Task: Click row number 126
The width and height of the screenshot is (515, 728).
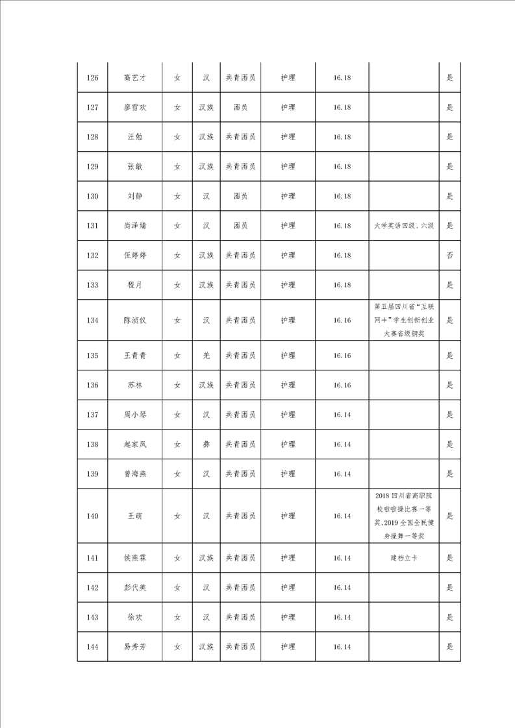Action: [x=92, y=78]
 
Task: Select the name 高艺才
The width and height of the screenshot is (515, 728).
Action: [x=134, y=78]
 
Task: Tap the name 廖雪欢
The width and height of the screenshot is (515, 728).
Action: [x=134, y=108]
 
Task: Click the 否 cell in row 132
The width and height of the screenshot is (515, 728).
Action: [x=449, y=256]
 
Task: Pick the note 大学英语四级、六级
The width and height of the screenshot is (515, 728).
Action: [x=403, y=226]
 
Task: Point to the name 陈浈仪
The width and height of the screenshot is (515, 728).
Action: [x=134, y=320]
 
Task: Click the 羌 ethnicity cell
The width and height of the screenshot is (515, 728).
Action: [x=206, y=356]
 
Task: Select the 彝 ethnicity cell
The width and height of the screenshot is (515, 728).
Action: [x=206, y=444]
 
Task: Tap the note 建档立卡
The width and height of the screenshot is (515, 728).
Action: [x=403, y=558]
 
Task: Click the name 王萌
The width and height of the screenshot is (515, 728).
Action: [x=134, y=516]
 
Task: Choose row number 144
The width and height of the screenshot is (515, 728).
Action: [x=92, y=647]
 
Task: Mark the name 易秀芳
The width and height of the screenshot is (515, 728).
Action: [x=134, y=647]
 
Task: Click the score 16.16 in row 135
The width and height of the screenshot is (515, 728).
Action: [x=342, y=356]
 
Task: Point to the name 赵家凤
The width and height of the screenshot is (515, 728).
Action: [x=134, y=444]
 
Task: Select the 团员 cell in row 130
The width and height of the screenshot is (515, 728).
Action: [x=240, y=196]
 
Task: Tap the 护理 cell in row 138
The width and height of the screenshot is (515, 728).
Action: [x=288, y=444]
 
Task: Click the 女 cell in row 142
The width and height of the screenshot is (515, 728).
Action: [x=177, y=588]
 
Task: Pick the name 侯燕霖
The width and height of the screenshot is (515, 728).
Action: [x=134, y=558]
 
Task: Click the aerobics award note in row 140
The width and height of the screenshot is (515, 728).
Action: [x=403, y=516]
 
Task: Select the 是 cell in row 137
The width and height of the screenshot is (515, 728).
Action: [x=449, y=415]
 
